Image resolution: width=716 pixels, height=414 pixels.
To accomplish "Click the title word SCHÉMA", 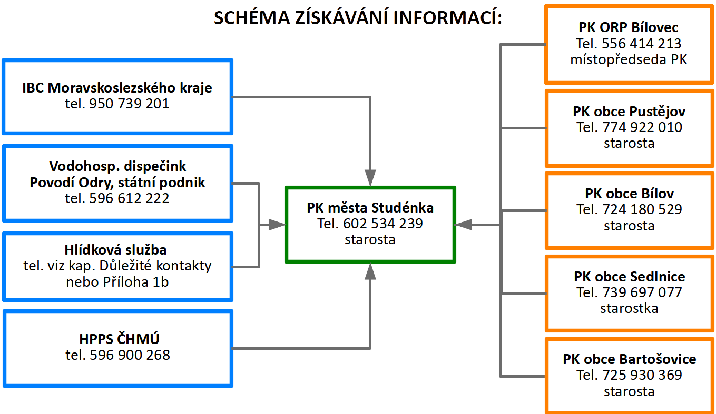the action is (x=252, y=17).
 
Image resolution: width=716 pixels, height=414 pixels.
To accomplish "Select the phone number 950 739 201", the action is (x=129, y=104).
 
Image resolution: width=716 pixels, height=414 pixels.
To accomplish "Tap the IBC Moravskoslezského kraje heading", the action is (x=117, y=88).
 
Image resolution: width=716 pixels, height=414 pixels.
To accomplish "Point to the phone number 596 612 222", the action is (x=129, y=198).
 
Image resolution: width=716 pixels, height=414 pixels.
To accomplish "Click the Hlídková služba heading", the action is (x=115, y=250).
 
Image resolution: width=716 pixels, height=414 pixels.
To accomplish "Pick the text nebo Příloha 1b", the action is (x=117, y=282).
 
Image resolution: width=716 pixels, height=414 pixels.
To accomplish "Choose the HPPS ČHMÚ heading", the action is (x=119, y=339).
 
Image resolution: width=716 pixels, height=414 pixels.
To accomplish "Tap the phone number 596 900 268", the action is (x=130, y=355).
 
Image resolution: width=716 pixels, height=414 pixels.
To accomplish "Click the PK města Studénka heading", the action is (x=370, y=208).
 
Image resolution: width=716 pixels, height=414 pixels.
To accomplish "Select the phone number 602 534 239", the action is (x=383, y=224).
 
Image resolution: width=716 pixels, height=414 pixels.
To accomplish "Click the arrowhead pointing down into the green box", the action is (x=370, y=177).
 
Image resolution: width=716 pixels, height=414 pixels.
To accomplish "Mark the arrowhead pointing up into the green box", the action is (x=370, y=271).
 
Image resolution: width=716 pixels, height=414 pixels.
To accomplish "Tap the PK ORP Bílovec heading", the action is (x=629, y=27).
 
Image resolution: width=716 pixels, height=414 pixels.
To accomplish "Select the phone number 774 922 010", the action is (x=642, y=127).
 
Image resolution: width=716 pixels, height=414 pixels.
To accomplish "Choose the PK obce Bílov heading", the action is (x=630, y=194).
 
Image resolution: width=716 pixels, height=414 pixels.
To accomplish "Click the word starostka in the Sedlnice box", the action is (x=629, y=308).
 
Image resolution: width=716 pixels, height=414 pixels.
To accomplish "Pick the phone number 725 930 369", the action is (x=642, y=375).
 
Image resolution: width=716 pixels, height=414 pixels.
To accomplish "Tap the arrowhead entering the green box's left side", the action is (x=277, y=225).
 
